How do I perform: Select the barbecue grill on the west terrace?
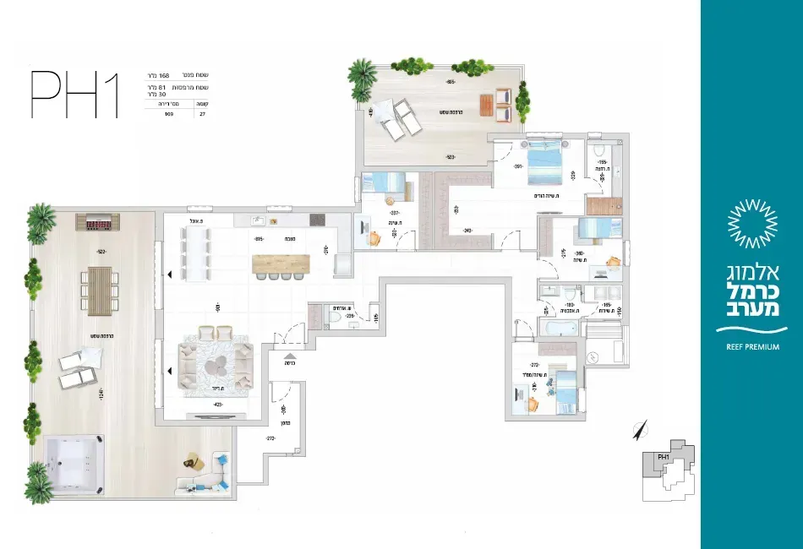click(x=99, y=222)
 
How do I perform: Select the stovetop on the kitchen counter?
click(x=318, y=220)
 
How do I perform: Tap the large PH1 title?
click(x=74, y=95)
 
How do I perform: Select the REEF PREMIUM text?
click(x=751, y=346)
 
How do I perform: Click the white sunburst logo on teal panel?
click(x=751, y=223)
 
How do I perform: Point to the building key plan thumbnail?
click(x=670, y=470)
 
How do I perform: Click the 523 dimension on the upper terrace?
click(x=450, y=157)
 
